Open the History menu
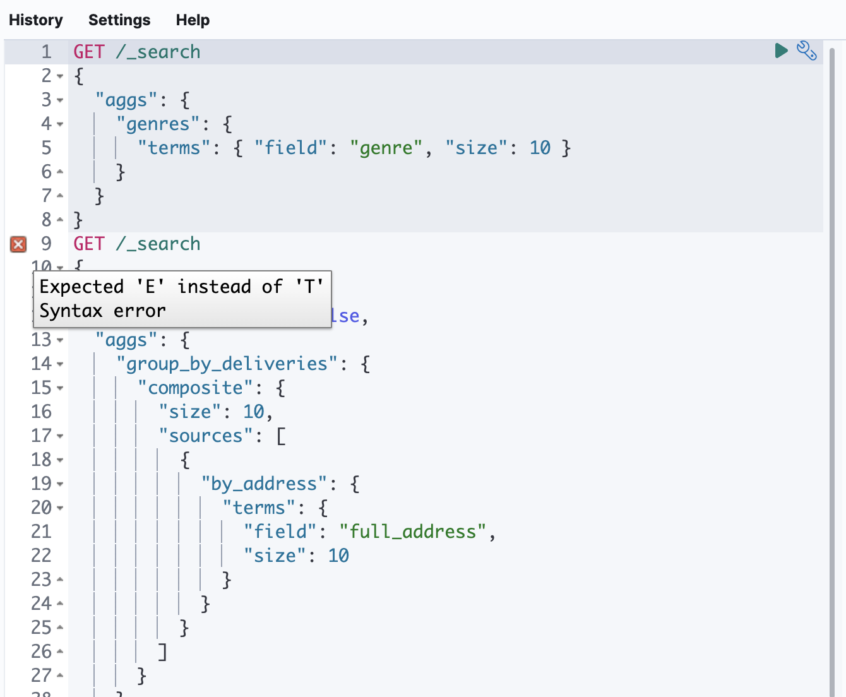pyautogui.click(x=36, y=20)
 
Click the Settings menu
pyautogui.click(x=119, y=20)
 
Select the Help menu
pyautogui.click(x=193, y=20)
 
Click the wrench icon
pyautogui.click(x=806, y=51)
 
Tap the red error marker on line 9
pyautogui.click(x=18, y=244)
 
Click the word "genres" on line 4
pyautogui.click(x=158, y=124)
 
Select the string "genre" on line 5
pyautogui.click(x=386, y=148)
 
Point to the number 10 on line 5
pyautogui.click(x=540, y=148)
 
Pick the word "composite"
pyautogui.click(x=196, y=388)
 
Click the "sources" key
pyautogui.click(x=206, y=436)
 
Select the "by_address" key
pyautogui.click(x=264, y=484)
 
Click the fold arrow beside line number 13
pyautogui.click(x=60, y=340)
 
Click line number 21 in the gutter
pyautogui.click(x=41, y=532)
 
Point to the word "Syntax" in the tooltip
pyautogui.click(x=71, y=311)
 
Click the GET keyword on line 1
pyautogui.click(x=89, y=52)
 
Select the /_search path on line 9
pyautogui.click(x=158, y=244)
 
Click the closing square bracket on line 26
pyautogui.click(x=163, y=652)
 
